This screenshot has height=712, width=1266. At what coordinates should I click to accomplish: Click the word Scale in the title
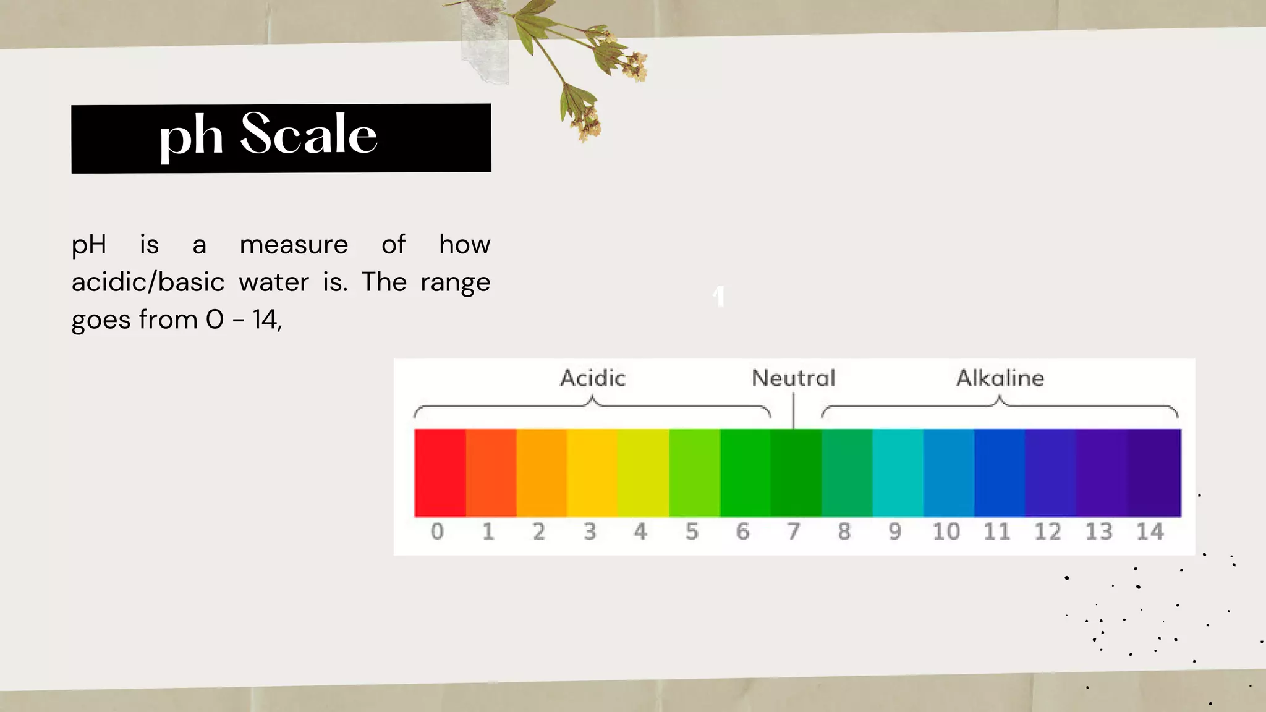click(308, 135)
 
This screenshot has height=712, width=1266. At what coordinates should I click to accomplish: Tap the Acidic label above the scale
click(593, 378)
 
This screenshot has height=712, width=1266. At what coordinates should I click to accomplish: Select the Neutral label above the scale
click(793, 378)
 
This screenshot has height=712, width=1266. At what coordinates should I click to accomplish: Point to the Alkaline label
click(1000, 378)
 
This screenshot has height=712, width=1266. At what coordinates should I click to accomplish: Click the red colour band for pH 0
click(440, 473)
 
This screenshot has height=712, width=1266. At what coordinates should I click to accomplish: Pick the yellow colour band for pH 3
click(592, 473)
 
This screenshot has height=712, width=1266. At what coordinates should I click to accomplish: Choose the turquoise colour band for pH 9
click(898, 473)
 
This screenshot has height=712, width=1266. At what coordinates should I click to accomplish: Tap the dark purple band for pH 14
click(1155, 473)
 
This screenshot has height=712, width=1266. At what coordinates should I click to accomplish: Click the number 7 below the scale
click(793, 532)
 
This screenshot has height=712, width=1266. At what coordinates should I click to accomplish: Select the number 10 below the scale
click(946, 532)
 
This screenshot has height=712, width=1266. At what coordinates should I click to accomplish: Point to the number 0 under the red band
click(437, 532)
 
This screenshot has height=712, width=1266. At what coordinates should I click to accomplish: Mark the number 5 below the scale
click(692, 532)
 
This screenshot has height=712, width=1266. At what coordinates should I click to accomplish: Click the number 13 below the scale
click(1098, 532)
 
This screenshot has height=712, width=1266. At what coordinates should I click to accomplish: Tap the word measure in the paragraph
click(294, 245)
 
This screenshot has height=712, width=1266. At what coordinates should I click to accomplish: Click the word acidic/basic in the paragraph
click(148, 282)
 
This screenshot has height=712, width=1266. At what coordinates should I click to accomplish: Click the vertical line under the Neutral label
click(794, 411)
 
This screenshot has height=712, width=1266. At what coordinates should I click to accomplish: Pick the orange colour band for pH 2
click(541, 473)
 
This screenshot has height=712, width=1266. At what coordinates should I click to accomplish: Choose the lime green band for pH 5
click(694, 473)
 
